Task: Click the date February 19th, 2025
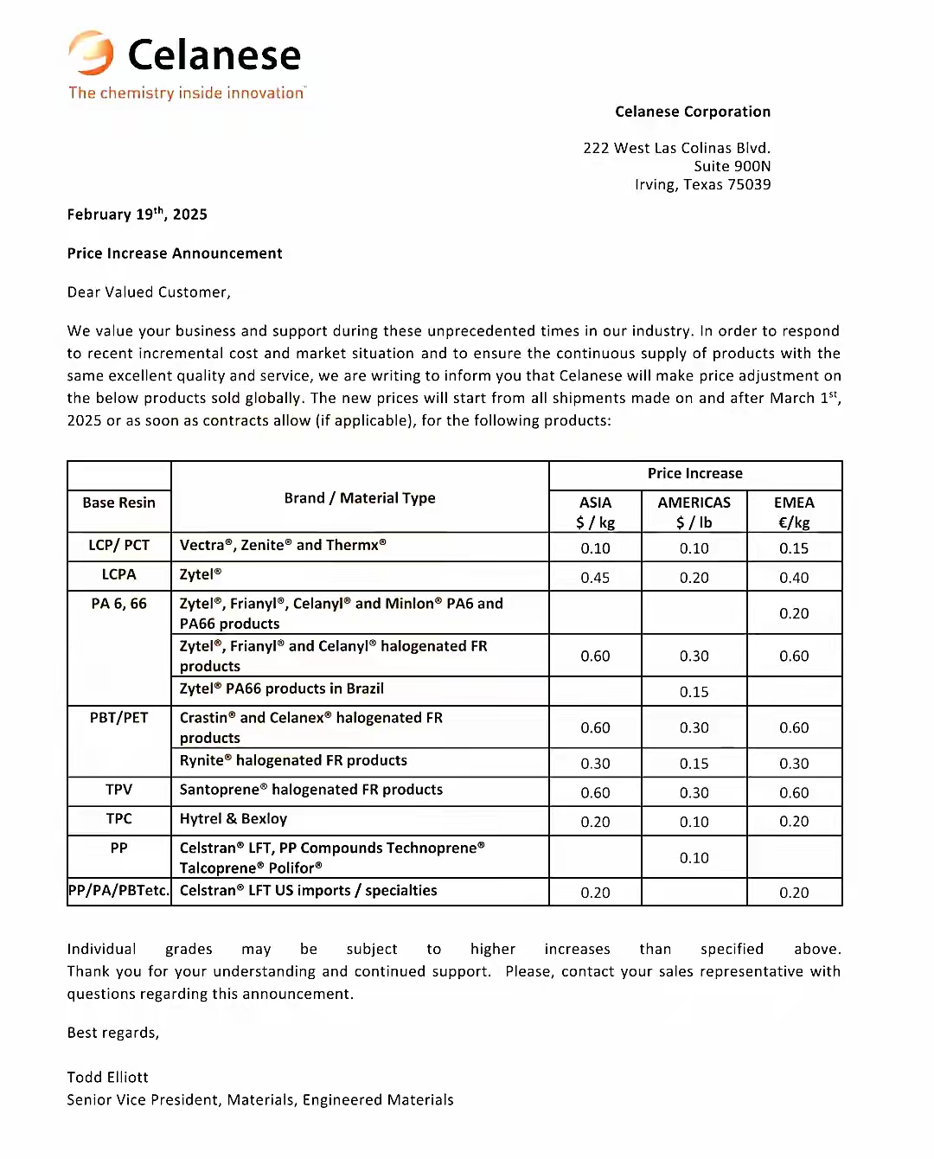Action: pos(137,215)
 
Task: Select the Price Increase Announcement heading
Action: pos(175,253)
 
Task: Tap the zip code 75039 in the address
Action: pos(749,184)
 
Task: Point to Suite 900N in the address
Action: pos(732,166)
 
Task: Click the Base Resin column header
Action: pos(119,503)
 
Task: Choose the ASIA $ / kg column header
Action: pos(595,512)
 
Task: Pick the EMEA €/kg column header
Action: pos(794,512)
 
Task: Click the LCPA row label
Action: pos(119,574)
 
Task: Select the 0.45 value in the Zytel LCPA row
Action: pos(595,578)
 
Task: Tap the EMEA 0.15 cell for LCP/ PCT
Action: pos(794,548)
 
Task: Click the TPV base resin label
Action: pos(119,790)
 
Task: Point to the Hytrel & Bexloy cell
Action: pos(233,819)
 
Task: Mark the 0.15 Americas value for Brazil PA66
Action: pos(694,692)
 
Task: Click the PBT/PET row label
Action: pos(119,718)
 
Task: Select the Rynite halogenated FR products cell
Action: pos(293,760)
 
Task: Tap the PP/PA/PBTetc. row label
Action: pos(119,891)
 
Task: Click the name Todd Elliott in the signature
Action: pos(108,1077)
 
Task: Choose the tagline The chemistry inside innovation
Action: pos(187,93)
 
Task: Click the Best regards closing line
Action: pos(113,1033)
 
